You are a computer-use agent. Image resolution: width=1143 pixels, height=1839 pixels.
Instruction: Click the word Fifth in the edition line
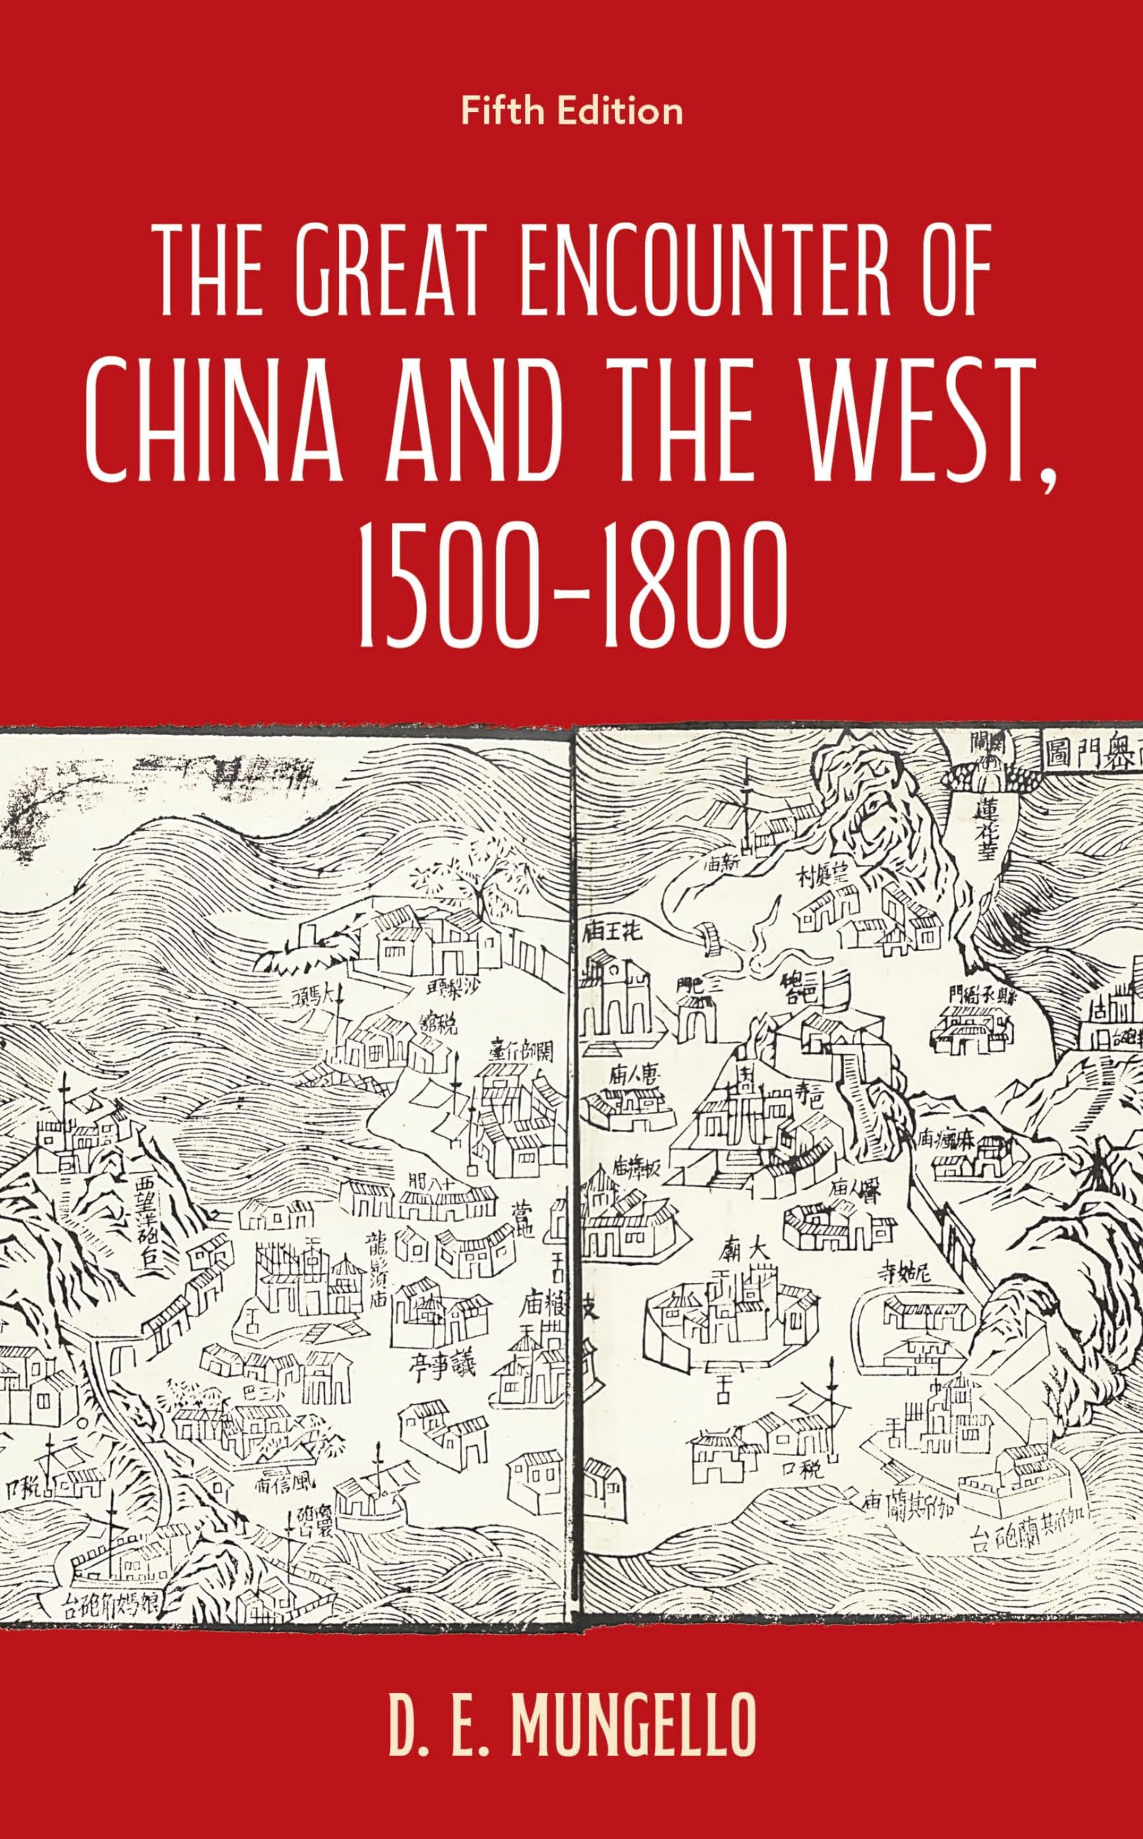[x=504, y=112]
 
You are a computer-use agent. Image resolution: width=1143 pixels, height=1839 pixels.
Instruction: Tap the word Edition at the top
[x=619, y=112]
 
